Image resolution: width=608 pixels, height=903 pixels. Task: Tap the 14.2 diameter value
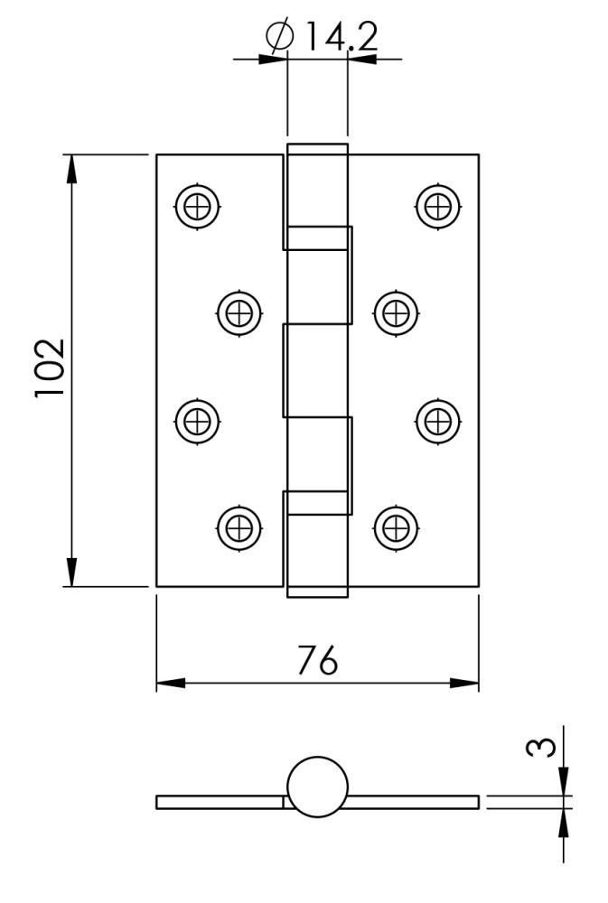coord(341,36)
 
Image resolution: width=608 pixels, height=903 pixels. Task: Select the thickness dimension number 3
coord(541,748)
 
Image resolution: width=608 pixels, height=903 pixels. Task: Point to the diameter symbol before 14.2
coord(280,36)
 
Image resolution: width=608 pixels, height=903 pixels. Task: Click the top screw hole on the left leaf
coord(197,206)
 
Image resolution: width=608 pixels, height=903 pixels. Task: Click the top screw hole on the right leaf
coord(438,206)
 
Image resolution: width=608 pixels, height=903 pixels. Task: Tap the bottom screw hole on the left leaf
coord(239,528)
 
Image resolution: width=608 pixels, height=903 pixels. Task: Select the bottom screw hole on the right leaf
coord(396,528)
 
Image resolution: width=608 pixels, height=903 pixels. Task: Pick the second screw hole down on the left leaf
coord(239,314)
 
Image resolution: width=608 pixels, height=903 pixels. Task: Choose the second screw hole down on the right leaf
coord(396,314)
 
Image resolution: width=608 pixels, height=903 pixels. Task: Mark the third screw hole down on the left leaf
coord(197,421)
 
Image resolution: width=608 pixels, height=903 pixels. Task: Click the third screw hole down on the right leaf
coord(438,421)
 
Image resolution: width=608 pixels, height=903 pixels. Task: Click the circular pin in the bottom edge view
coord(317,787)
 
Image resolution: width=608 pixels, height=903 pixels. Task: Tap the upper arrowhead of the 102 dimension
coord(71,170)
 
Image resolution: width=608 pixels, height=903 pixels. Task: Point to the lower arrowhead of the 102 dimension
coord(71,572)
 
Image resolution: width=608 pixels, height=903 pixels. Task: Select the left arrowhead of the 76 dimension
coord(171,684)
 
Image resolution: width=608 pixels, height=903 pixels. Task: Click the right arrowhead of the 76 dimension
coord(464,684)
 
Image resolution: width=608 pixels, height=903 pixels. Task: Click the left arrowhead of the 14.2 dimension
coord(273,59)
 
